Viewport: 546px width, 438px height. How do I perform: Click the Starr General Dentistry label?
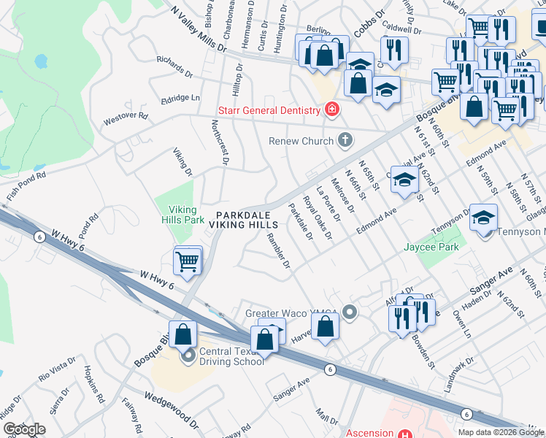coord(269,111)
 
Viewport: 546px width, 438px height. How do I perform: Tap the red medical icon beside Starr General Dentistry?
coord(332,110)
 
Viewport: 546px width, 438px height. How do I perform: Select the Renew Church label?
coord(300,140)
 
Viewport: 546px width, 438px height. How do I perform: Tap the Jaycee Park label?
coord(431,247)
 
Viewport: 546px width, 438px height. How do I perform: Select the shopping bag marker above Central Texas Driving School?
coord(183,334)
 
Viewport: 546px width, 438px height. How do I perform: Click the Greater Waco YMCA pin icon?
coord(350,313)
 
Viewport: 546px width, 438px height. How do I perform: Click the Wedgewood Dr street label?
coord(172,408)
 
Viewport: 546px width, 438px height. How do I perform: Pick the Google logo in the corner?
coord(23,429)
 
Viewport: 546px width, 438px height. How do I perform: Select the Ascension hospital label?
coord(369,432)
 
